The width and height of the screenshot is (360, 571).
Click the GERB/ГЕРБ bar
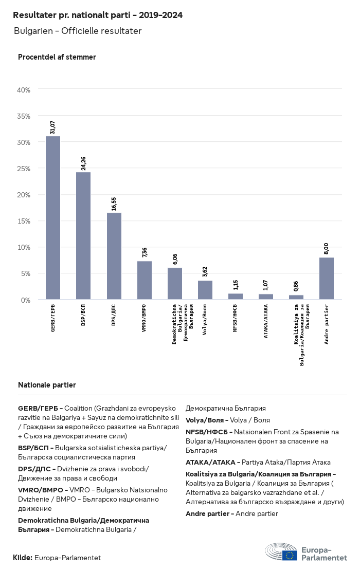pyautogui.click(x=53, y=218)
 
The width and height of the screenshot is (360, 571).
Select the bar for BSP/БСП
pyautogui.click(x=83, y=236)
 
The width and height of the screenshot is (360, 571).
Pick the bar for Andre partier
pyautogui.click(x=327, y=279)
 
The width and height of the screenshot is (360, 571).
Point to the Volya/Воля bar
pyautogui.click(x=205, y=290)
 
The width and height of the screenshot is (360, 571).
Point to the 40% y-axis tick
pyautogui.click(x=24, y=90)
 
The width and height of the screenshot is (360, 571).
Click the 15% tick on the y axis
pyautogui.click(x=24, y=221)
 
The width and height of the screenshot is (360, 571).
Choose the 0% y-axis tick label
pyautogui.click(x=26, y=300)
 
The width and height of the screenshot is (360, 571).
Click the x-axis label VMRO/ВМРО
pyautogui.click(x=145, y=319)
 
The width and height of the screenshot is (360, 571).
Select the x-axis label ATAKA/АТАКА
pyautogui.click(x=266, y=319)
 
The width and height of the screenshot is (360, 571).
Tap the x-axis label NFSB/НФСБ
pyautogui.click(x=236, y=318)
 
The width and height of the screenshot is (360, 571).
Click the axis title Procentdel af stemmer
pyautogui.click(x=57, y=57)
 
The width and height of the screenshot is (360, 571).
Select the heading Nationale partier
pyautogui.click(x=47, y=385)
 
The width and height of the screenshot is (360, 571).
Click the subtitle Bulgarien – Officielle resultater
pyautogui.click(x=78, y=31)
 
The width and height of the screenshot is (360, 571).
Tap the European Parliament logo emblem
pyautogui.click(x=281, y=552)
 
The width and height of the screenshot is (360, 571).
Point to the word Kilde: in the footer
pyautogui.click(x=23, y=558)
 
